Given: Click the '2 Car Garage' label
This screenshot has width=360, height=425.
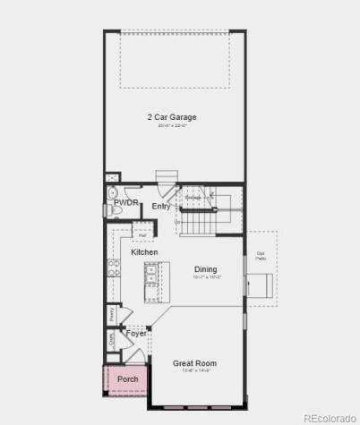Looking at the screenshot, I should pos(172,117).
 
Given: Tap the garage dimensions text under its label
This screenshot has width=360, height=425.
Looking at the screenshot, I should pos(172,126).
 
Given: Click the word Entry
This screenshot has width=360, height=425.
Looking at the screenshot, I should pos(161,207).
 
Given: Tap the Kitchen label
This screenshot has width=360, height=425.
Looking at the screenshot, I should pos(144,252).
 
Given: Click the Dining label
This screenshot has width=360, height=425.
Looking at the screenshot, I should pos(206,268).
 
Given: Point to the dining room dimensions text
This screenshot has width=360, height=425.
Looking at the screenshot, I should pos(206,277).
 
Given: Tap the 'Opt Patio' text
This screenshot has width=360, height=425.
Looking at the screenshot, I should pos(261,255).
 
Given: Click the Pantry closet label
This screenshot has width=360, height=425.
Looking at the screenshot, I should pos(112,313).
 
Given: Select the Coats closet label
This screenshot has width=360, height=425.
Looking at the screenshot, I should pos(112,340).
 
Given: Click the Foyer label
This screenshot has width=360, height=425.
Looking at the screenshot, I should pos(136,333).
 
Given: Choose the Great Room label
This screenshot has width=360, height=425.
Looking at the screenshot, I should pos(194,363).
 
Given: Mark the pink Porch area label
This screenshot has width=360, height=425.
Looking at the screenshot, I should pos(128,379).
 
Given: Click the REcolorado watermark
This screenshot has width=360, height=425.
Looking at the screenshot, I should pos(329,417).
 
